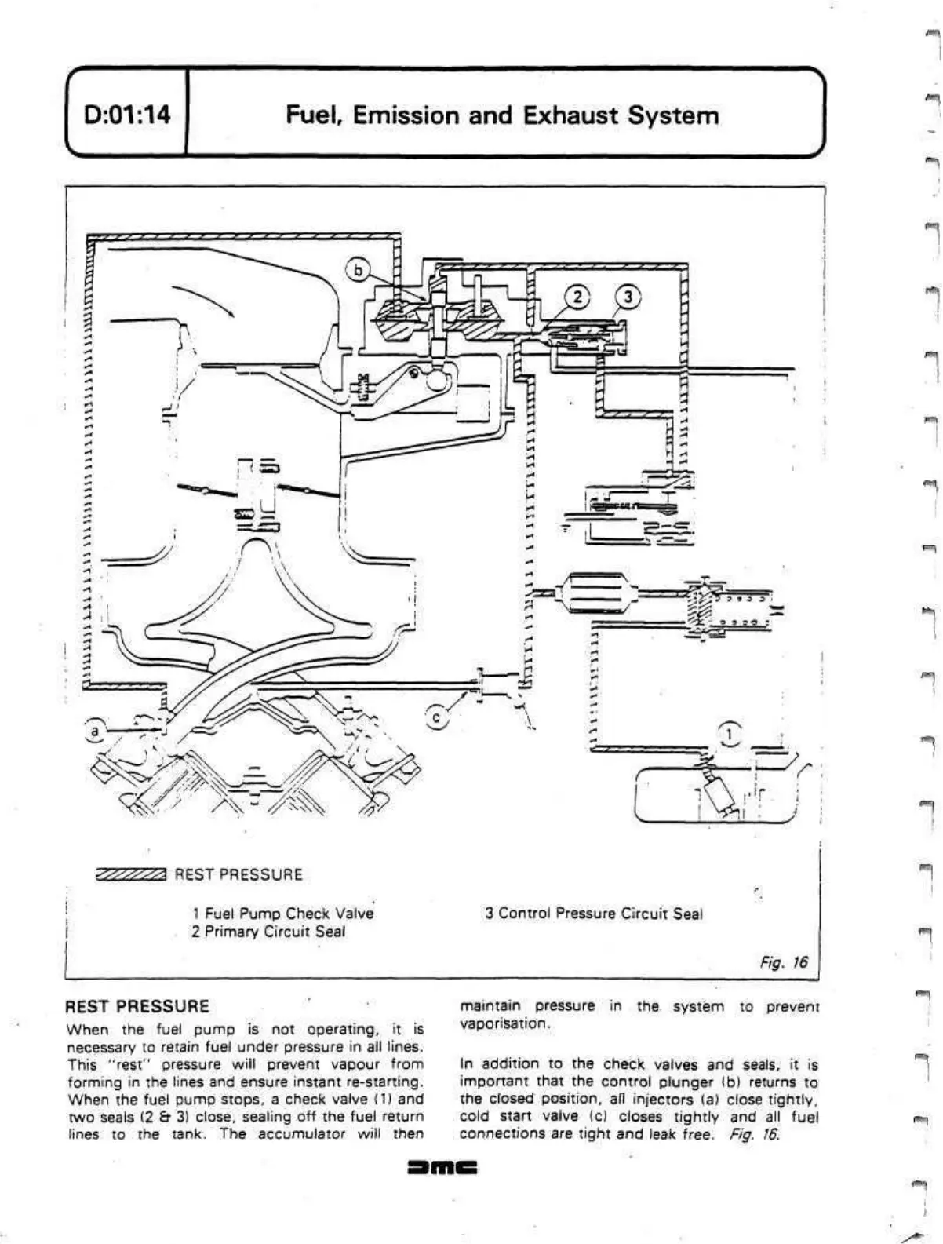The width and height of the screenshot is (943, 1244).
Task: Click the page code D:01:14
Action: click(126, 115)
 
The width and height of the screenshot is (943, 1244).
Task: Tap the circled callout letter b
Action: click(358, 270)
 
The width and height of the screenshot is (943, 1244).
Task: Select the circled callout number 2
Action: click(577, 297)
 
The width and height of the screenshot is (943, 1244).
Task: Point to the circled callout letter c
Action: click(438, 716)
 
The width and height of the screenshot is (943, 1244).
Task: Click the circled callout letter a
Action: click(96, 731)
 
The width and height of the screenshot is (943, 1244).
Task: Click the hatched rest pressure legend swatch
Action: click(130, 874)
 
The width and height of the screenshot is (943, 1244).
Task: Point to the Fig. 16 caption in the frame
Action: click(783, 962)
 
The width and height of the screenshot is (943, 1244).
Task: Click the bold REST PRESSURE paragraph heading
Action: click(137, 1006)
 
